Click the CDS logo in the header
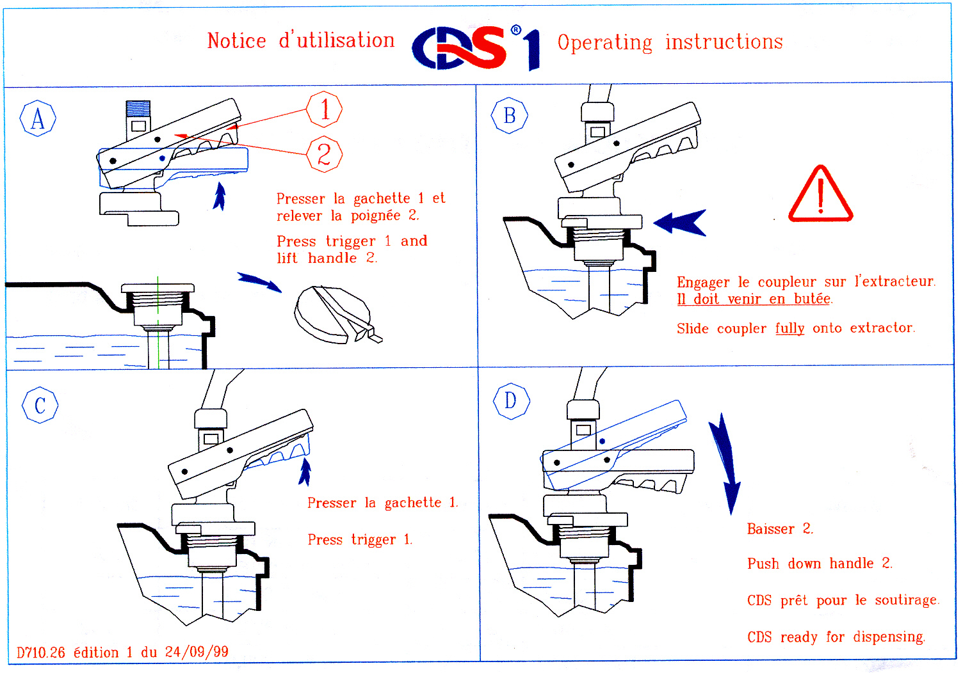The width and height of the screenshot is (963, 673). tap(475, 47)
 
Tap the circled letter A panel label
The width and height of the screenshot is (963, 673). tap(38, 118)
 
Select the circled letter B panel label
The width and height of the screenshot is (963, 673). tap(509, 116)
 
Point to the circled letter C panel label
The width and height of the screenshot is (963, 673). tap(40, 405)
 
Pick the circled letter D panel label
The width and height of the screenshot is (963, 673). tap(510, 401)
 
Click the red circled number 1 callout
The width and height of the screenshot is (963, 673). tap(324, 109)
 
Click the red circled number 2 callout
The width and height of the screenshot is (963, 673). tap(324, 154)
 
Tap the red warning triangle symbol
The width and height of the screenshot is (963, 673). tap(820, 195)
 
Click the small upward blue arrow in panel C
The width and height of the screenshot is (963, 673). tap(305, 472)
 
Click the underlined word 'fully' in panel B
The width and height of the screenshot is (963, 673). tap(789, 328)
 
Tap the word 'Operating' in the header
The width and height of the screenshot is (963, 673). tap(604, 43)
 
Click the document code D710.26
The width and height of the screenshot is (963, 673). tap(41, 653)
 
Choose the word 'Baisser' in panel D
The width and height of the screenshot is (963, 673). tap(770, 529)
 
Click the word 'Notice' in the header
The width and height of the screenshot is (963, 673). tap(236, 41)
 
